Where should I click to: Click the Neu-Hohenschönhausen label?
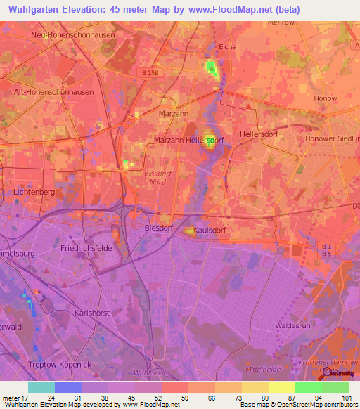coord(72,34)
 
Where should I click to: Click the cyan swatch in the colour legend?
coord(41,387)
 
